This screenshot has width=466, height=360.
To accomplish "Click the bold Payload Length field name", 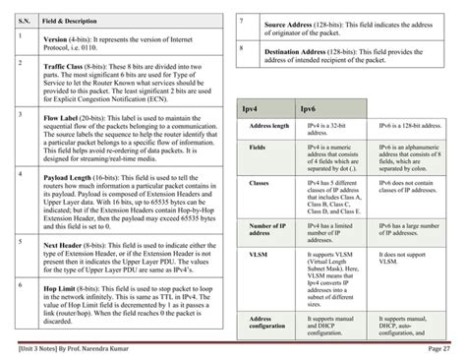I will [71, 178].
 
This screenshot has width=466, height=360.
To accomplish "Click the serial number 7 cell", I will [241, 21].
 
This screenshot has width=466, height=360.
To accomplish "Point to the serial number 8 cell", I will [241, 47].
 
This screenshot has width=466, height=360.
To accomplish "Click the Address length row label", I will [269, 127].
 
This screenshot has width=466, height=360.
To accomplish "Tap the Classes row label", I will [262, 183].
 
